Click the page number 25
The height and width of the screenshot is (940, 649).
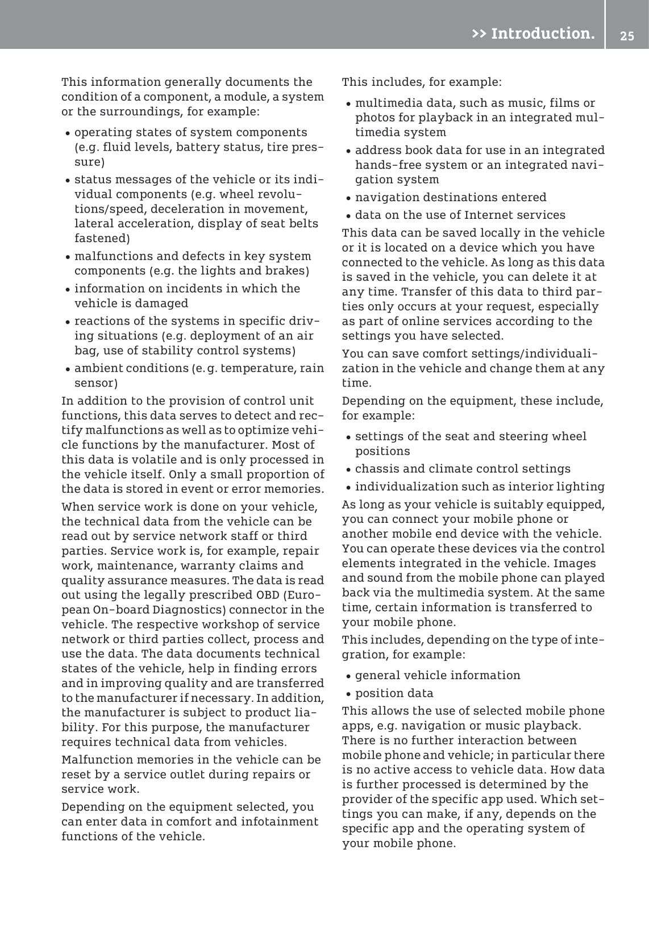point(627,36)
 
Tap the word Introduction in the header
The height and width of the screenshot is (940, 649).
point(543,34)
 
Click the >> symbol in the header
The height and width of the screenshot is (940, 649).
point(479,34)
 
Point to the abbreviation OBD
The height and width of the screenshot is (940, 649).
point(268,595)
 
